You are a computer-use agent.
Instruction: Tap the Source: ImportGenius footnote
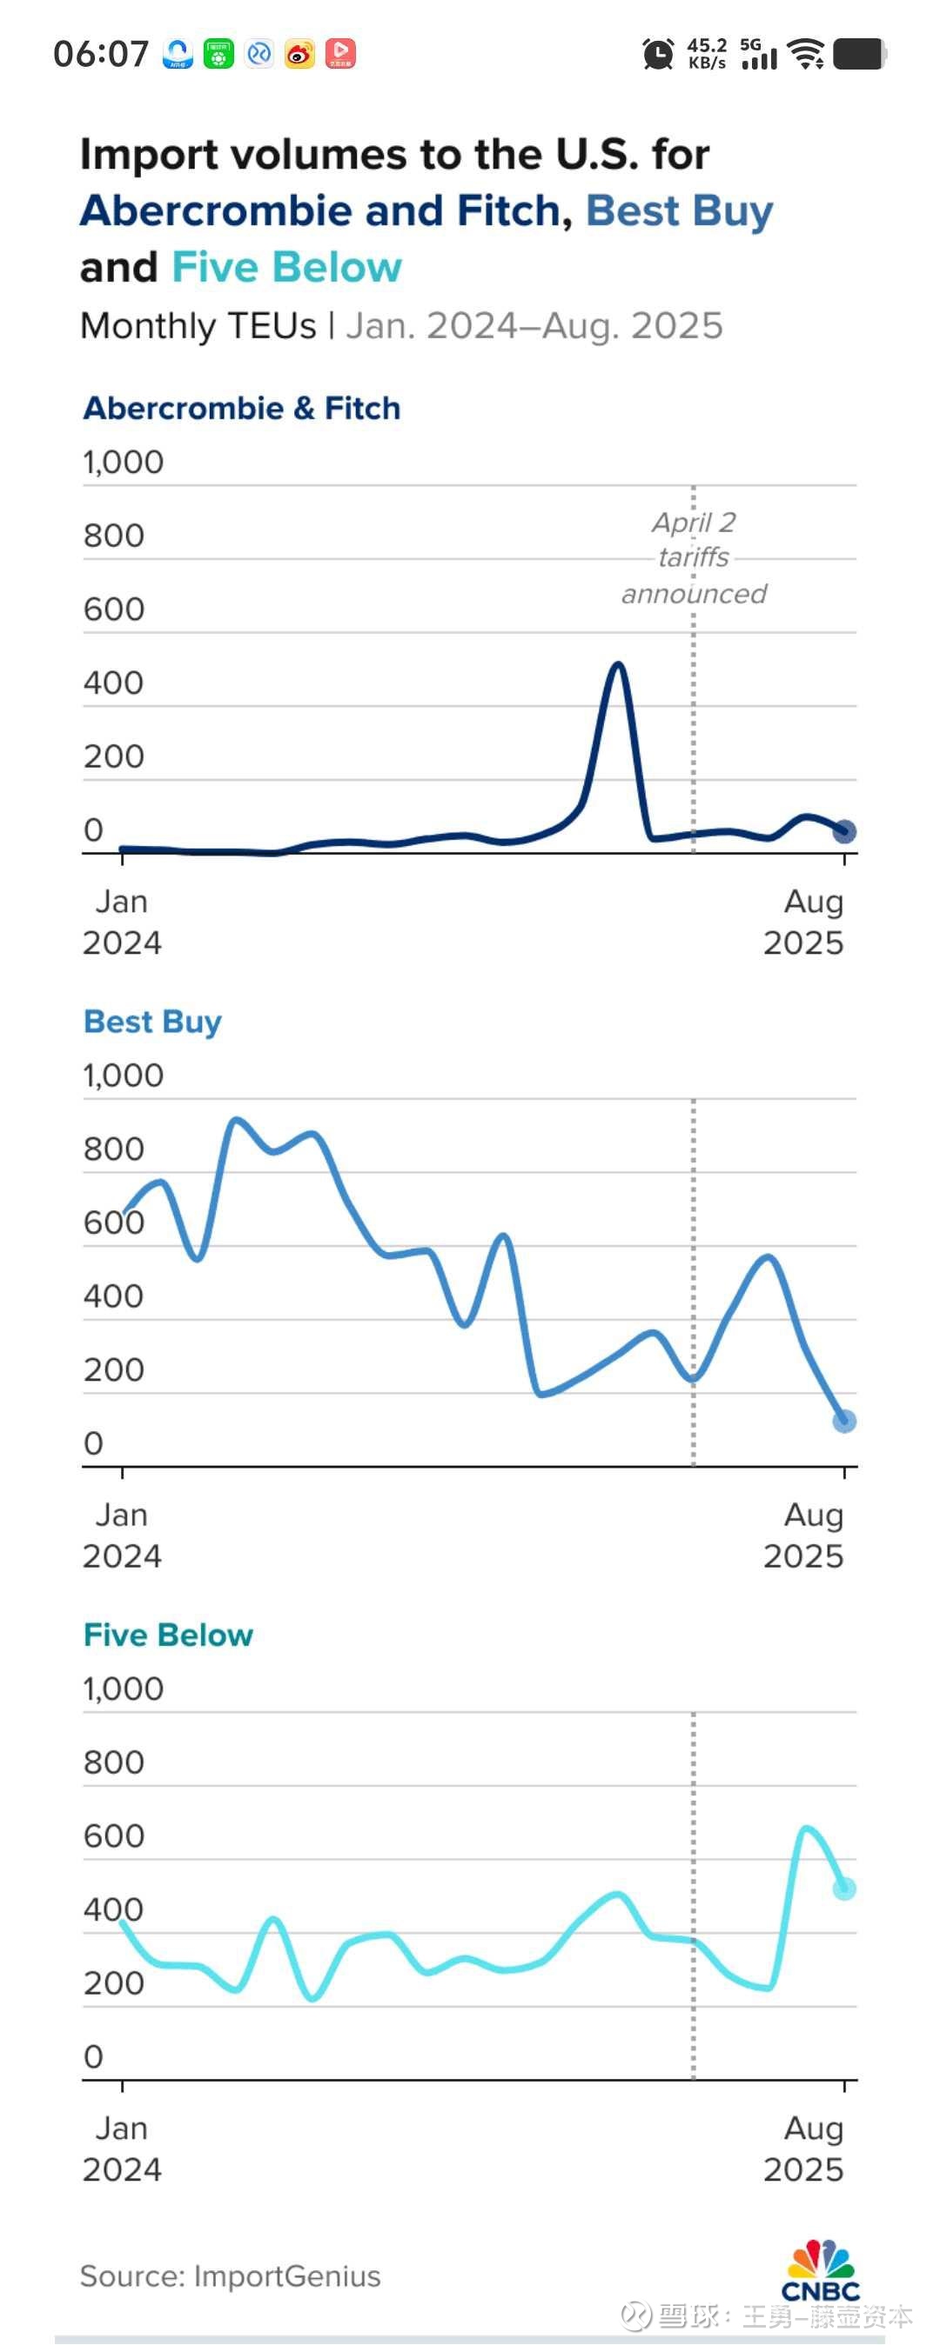(x=231, y=2275)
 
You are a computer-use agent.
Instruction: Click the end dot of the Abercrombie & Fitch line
(x=844, y=831)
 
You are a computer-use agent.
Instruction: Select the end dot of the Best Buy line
(x=844, y=1421)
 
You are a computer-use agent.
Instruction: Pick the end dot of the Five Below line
(x=844, y=1889)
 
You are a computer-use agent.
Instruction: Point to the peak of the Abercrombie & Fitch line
(x=619, y=664)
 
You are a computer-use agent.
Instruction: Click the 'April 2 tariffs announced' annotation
(x=694, y=557)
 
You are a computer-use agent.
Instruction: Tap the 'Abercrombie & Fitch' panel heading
(x=241, y=408)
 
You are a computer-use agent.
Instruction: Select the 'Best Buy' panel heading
(x=152, y=1022)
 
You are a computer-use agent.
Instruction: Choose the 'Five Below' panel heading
(x=168, y=1635)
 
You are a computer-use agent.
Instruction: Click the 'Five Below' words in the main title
(x=286, y=268)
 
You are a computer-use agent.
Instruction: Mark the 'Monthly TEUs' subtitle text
(x=198, y=325)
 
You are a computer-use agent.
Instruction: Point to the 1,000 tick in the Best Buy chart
(x=123, y=1075)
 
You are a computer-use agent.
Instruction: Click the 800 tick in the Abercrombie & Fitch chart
(x=114, y=536)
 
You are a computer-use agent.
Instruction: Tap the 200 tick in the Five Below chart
(x=114, y=1982)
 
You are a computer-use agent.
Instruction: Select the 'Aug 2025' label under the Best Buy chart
(x=803, y=1535)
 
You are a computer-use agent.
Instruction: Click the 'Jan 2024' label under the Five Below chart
(x=122, y=2148)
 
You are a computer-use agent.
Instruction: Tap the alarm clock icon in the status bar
(x=658, y=54)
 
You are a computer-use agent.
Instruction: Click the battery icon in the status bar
(x=860, y=54)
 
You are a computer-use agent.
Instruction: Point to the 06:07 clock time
(x=100, y=54)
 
